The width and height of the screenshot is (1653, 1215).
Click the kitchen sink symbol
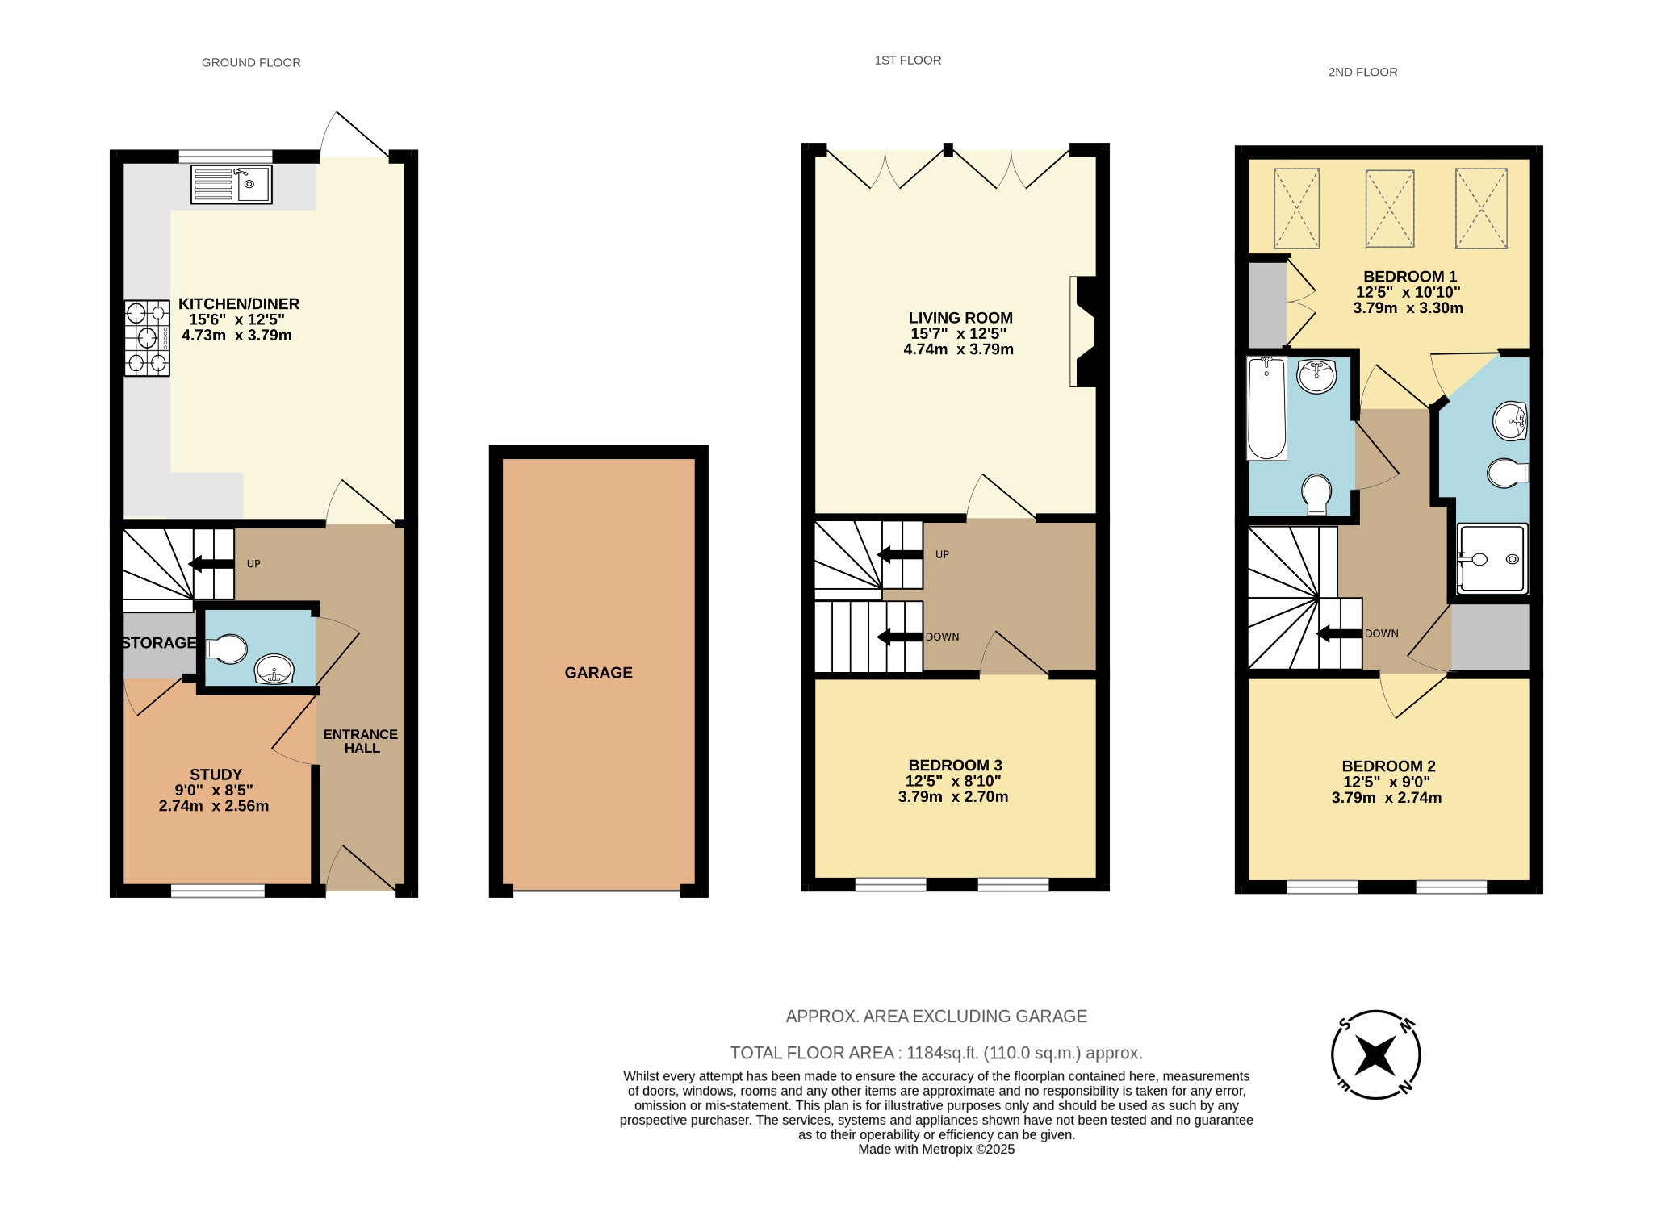pos(232,185)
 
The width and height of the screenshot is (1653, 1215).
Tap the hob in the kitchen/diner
pos(147,338)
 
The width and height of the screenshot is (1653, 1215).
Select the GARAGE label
pos(598,673)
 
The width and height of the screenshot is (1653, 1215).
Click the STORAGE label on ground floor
pos(159,643)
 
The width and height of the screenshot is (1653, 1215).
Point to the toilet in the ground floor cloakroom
pos(228,649)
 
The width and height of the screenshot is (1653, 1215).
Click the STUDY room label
pos(216,775)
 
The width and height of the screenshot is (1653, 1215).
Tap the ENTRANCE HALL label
pos(361,741)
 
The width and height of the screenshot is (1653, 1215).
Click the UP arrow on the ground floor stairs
pos(211,563)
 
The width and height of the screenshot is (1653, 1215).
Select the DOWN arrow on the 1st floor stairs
pos(899,637)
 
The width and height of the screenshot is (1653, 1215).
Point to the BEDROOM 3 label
pos(955,765)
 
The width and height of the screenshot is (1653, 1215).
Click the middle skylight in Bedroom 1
pos(1389,208)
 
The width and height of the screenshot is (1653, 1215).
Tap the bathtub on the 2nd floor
pos(1266,409)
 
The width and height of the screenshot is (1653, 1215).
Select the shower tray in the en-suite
pos(1492,559)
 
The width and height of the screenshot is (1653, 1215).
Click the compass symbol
pos(1375,1054)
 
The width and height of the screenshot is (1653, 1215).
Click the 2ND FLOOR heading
pos(1362,72)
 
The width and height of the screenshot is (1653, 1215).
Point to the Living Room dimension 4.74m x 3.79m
pos(958,349)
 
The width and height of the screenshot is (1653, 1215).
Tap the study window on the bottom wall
pos(217,891)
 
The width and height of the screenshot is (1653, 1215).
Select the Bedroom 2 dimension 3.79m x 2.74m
pos(1386,798)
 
